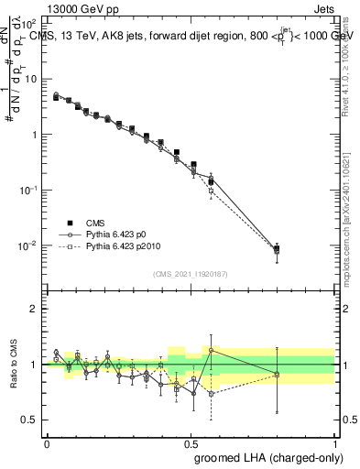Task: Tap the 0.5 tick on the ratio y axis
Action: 29,420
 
